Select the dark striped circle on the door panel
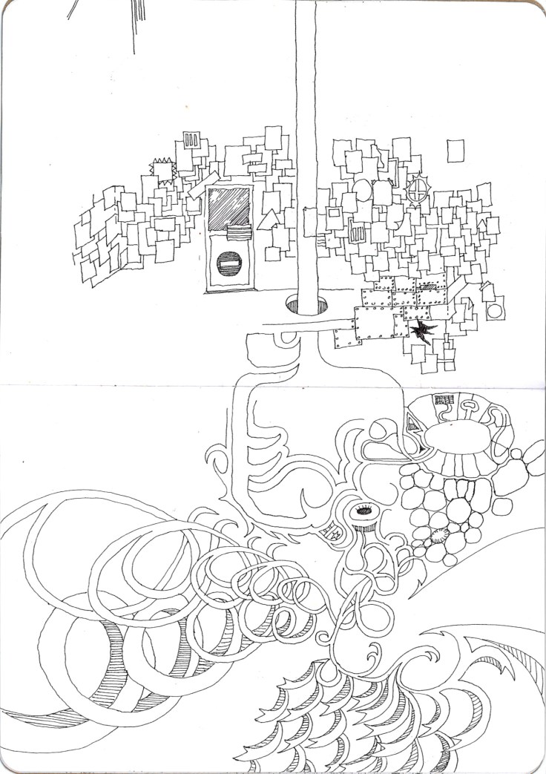click(229, 263)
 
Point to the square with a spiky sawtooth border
click(163, 170)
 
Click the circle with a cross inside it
click(420, 188)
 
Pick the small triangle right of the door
click(268, 220)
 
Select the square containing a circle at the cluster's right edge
click(496, 307)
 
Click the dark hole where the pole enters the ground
click(306, 304)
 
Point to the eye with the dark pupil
click(364, 511)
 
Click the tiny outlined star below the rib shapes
click(335, 533)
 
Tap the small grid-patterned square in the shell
click(444, 400)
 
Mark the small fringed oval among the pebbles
click(435, 537)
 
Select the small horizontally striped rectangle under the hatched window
click(238, 233)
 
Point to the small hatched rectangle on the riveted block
click(430, 286)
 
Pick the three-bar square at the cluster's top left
click(191, 140)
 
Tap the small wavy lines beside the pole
click(320, 241)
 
